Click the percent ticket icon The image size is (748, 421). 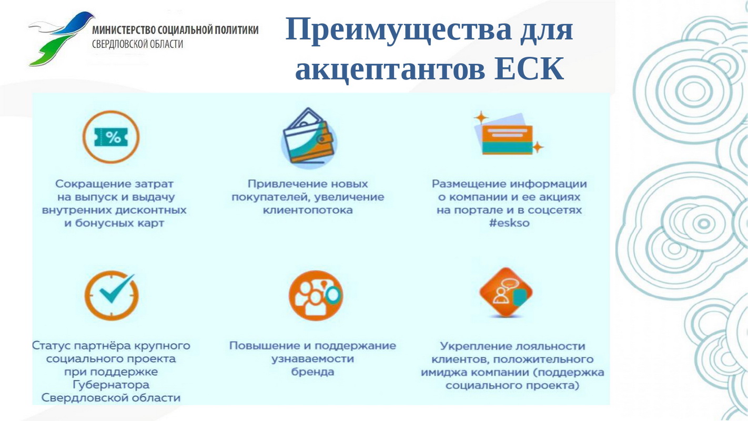tap(111, 137)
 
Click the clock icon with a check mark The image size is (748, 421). tap(111, 295)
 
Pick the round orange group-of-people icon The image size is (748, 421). tap(316, 295)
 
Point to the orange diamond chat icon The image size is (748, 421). tap(506, 293)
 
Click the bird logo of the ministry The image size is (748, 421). tap(62, 38)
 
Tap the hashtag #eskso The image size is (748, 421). tap(509, 223)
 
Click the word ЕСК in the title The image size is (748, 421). tap(529, 69)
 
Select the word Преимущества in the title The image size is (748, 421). tap(398, 29)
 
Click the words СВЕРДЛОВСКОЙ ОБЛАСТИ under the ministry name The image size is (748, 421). tap(138, 44)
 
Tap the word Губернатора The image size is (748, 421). tap(111, 385)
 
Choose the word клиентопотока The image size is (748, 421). tap(308, 210)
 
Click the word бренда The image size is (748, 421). tap(312, 372)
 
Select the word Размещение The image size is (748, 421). tap(469, 184)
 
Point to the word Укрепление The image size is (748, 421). tap(477, 346)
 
